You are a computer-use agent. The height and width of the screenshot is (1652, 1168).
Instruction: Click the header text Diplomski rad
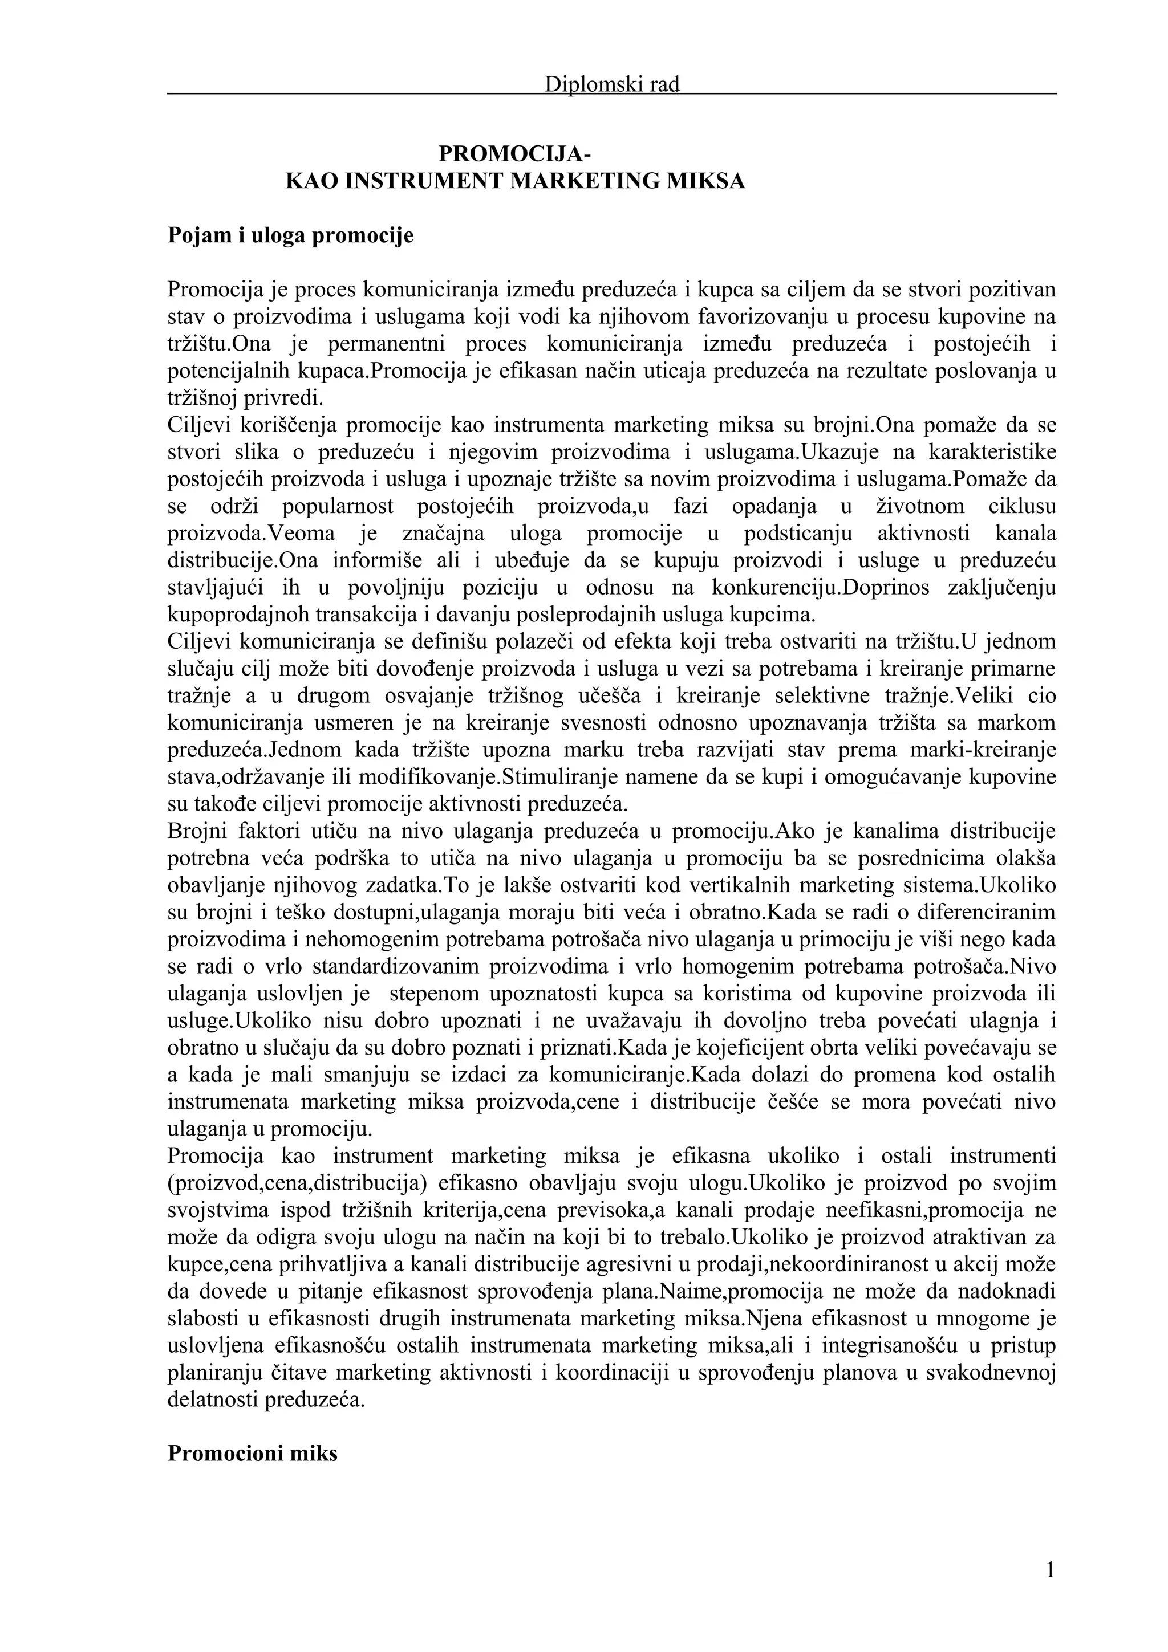612,85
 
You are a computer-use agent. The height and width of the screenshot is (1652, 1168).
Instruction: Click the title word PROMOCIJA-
515,154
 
